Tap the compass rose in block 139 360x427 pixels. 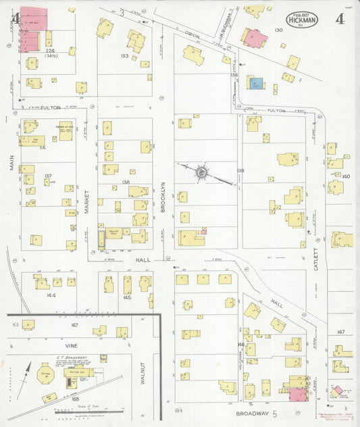point(201,173)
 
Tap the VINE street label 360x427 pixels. point(72,345)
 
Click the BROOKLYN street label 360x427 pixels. point(163,199)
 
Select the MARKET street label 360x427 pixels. point(87,200)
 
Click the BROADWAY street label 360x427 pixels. point(253,412)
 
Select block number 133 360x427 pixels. point(124,55)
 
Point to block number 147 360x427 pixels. point(341,332)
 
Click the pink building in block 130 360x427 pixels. point(255,38)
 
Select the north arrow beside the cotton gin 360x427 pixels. point(27,372)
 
